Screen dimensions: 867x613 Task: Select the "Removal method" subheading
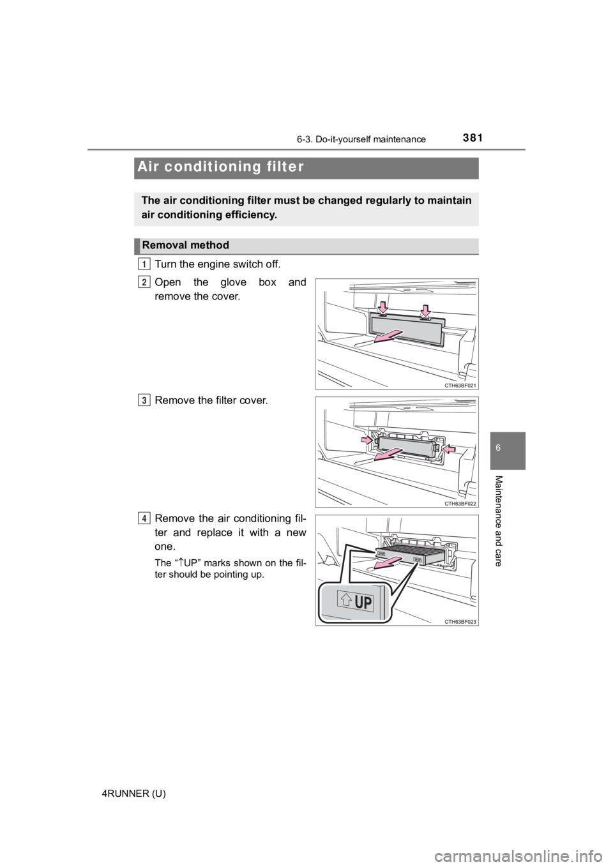186,245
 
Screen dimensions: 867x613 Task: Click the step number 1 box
146,265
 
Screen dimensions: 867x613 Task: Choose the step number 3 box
146,400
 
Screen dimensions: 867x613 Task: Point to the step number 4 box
146,518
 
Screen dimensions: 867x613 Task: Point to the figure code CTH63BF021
460,386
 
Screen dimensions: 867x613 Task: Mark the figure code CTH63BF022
460,504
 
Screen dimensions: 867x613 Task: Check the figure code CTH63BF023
460,621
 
